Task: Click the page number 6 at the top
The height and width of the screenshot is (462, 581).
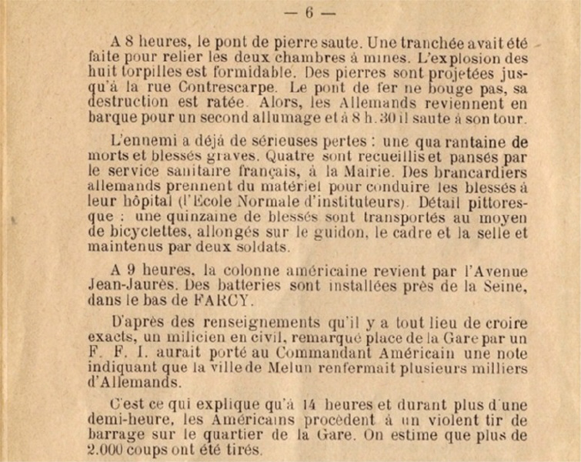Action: (309, 12)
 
